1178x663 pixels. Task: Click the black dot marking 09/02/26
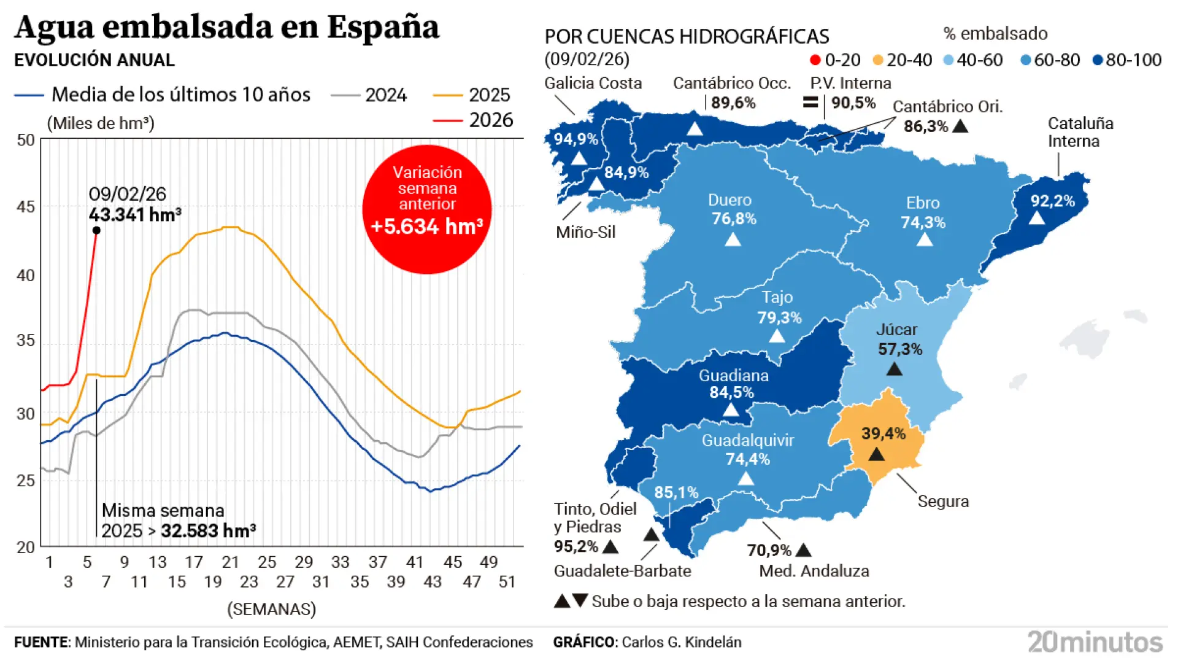pos(96,230)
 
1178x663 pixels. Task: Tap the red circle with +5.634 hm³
pos(427,209)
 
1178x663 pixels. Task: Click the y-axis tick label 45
pos(26,207)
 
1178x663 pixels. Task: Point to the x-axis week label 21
pos(230,562)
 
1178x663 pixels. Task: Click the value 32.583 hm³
pos(208,530)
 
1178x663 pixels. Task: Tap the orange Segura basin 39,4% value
pos(883,433)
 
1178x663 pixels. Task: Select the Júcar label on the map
pos(896,330)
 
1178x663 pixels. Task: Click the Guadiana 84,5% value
pos(731,392)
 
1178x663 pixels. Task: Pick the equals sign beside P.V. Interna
pos(810,102)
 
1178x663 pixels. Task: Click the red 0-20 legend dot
pos(815,60)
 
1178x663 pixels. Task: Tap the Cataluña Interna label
pos(1080,132)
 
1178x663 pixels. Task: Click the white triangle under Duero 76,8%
pos(733,239)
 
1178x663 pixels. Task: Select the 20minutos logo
pos(1095,642)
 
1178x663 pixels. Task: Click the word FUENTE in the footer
pos(41,642)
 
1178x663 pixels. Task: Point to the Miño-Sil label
pos(585,232)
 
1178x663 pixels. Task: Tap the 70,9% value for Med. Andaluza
pos(769,550)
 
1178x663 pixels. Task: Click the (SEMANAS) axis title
pos(271,609)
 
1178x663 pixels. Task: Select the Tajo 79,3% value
pos(779,317)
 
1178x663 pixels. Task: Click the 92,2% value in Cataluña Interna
pos(1052,201)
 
